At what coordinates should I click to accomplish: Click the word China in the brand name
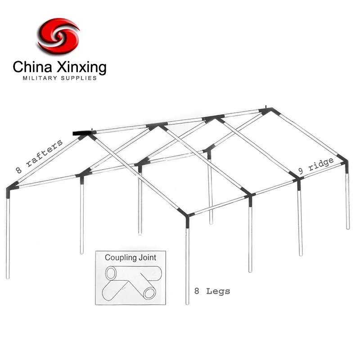tap(31, 67)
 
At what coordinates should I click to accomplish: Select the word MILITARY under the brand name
tap(40, 78)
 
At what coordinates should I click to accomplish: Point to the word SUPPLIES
tap(80, 78)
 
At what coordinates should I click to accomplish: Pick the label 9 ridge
tap(317, 167)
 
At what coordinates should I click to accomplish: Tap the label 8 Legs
tap(212, 291)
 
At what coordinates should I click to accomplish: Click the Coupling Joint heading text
tap(130, 258)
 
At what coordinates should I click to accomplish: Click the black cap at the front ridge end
tap(81, 133)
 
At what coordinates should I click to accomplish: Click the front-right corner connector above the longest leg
tap(187, 214)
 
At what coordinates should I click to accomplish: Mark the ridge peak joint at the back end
tap(266, 110)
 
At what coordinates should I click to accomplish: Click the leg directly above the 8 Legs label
tap(187, 261)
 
